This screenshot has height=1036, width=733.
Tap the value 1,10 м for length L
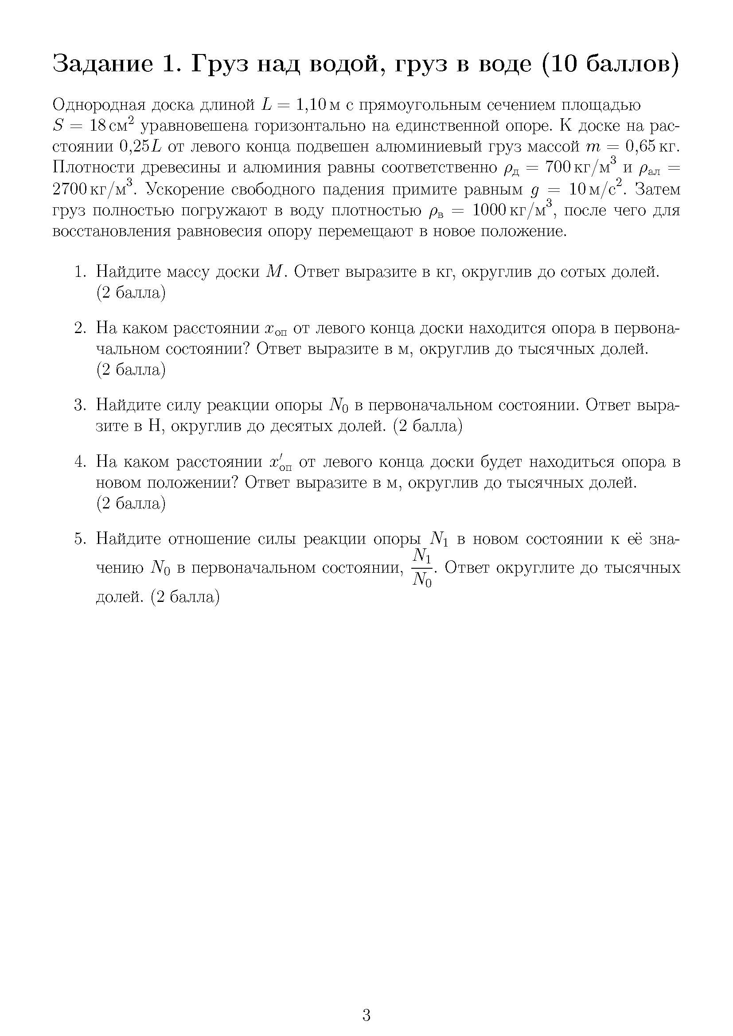click(318, 105)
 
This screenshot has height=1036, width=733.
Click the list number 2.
click(80, 328)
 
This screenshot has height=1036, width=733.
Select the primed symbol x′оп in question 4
click(280, 463)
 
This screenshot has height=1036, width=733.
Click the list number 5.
click(80, 539)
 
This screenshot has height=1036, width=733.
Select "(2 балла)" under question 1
click(131, 293)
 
